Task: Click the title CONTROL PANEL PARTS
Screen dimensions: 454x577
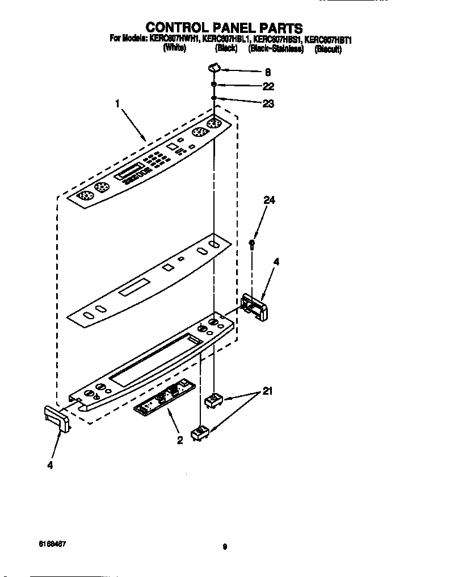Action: point(225,27)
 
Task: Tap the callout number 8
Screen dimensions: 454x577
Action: point(267,72)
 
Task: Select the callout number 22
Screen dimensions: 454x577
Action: point(268,86)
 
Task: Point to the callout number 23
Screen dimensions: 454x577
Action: point(268,104)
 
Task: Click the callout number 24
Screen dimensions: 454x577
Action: point(268,199)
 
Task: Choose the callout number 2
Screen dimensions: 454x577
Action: point(179,440)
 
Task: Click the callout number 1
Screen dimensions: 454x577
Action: point(117,104)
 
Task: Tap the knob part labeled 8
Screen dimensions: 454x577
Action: point(215,69)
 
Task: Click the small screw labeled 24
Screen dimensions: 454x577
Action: point(253,244)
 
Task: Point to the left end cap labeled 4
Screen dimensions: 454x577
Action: point(57,419)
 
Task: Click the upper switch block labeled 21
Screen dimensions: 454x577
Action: point(213,400)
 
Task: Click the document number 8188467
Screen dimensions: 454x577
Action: point(52,543)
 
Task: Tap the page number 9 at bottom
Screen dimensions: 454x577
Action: point(225,547)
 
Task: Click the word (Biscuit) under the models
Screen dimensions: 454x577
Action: point(328,49)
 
